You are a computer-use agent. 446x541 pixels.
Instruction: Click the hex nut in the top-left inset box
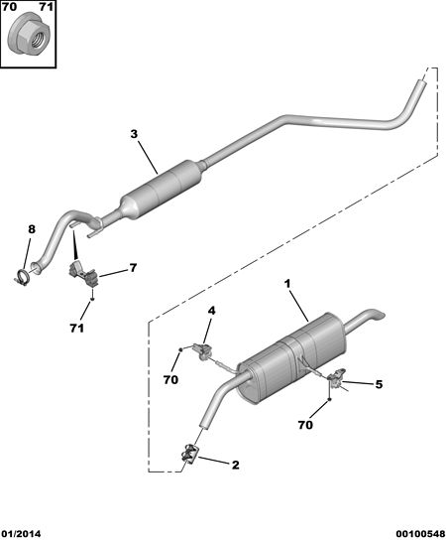click(30, 36)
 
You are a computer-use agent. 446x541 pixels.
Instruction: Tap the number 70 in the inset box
click(10, 7)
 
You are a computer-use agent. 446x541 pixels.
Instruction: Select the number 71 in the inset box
click(46, 7)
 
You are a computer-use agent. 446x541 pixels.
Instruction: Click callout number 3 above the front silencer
click(134, 134)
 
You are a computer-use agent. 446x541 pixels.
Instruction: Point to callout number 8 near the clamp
click(32, 228)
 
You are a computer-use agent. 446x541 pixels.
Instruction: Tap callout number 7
click(133, 268)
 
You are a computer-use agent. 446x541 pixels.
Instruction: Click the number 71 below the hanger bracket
click(76, 329)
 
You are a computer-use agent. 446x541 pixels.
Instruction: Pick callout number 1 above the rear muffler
click(287, 284)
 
